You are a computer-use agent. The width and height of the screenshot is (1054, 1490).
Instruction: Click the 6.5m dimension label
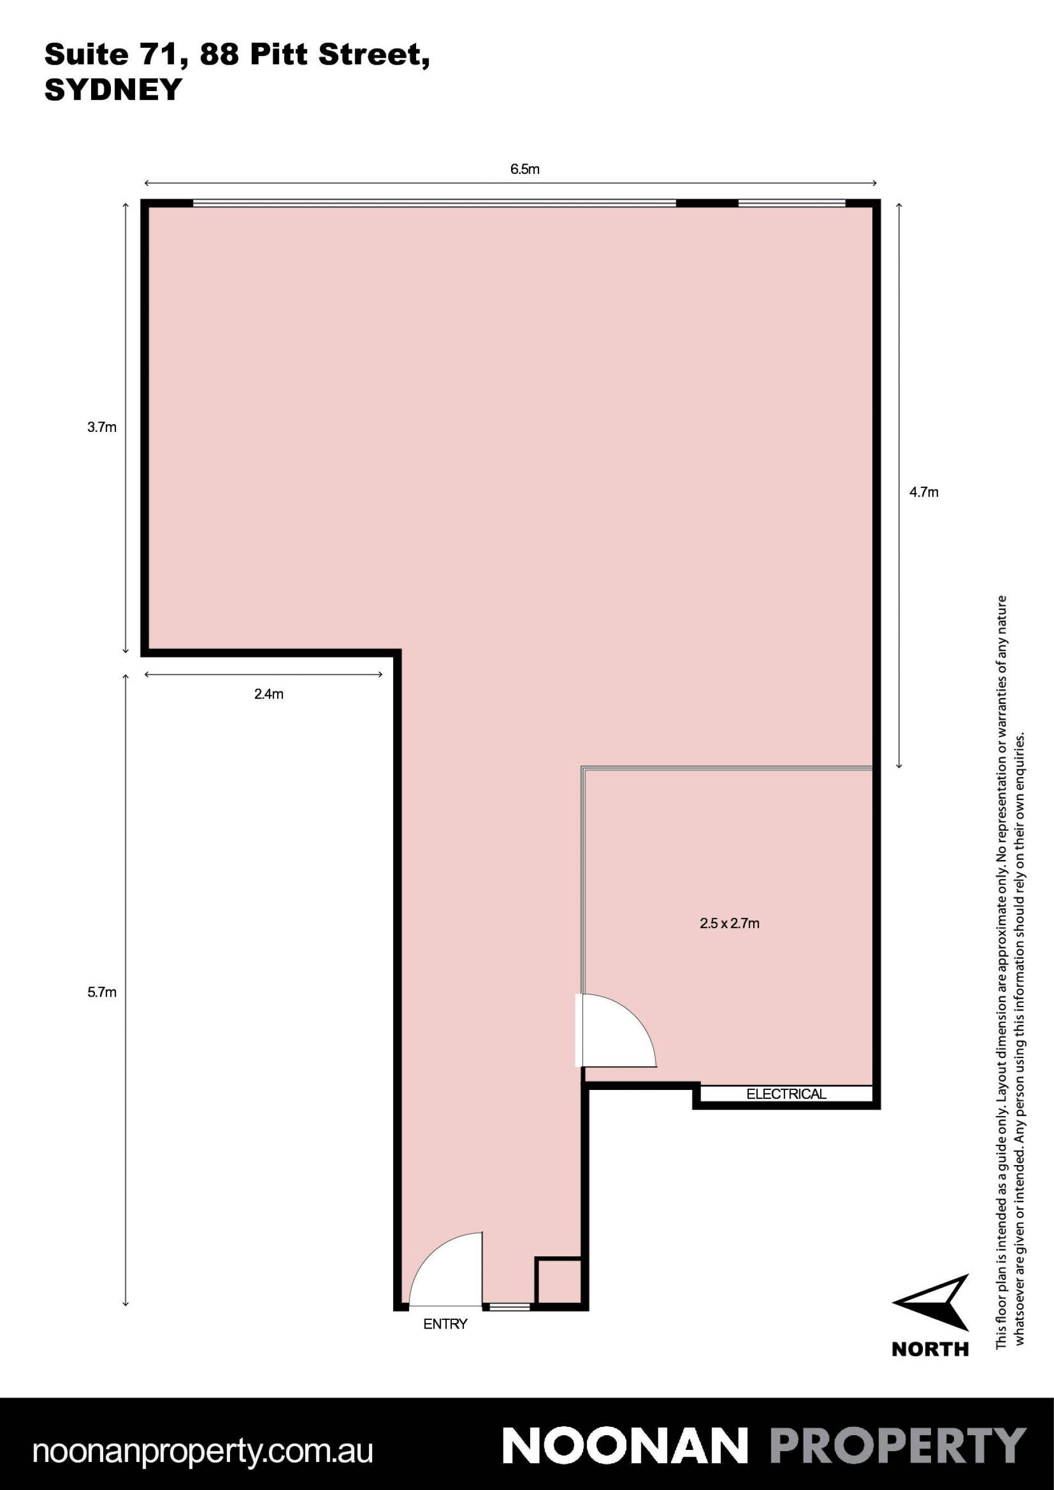point(524,170)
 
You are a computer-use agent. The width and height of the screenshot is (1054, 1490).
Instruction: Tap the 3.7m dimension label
point(102,428)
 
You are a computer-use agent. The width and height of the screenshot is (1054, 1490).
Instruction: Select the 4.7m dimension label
point(923,493)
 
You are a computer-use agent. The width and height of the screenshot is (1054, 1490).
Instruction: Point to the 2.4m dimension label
point(268,694)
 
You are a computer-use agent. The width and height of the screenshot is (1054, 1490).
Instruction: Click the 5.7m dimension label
point(102,992)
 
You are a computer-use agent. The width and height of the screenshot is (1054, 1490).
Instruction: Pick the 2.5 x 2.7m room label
point(730,924)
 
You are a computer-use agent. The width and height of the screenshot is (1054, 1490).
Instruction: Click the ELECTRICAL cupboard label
point(786,1094)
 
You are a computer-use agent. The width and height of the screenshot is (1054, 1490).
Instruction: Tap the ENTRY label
point(445,1324)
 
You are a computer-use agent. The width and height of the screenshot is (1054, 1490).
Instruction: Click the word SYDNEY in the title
point(113,89)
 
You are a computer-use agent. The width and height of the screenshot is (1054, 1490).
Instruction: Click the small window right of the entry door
point(509,1307)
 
